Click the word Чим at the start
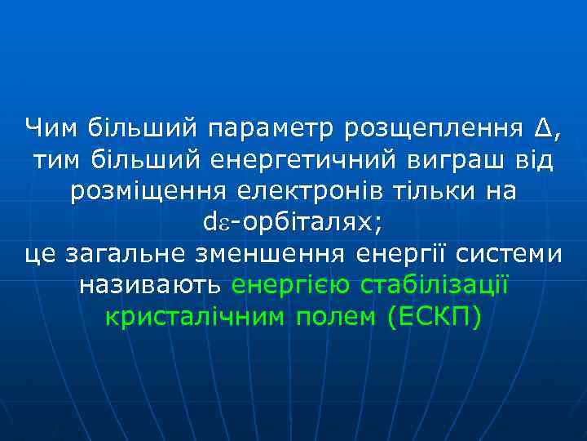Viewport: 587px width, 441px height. [51, 127]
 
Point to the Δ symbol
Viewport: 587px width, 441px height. [545, 127]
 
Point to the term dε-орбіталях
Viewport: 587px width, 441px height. [293, 222]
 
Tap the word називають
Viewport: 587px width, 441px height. [150, 286]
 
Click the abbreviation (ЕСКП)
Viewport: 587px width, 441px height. [436, 317]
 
